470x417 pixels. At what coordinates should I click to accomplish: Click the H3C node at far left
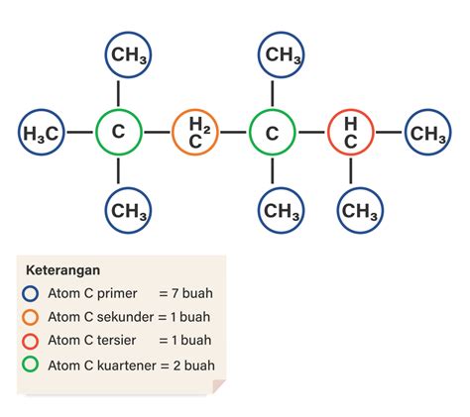[42, 134]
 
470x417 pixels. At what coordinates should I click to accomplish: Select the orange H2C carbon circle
[195, 134]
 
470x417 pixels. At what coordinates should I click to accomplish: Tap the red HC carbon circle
[351, 133]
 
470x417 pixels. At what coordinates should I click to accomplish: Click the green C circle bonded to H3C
[119, 134]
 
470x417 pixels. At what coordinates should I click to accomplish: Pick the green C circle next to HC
[273, 134]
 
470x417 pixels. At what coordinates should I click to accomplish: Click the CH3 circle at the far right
[428, 134]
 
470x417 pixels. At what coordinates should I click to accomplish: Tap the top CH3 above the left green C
[130, 54]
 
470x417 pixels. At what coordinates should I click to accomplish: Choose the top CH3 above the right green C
[282, 54]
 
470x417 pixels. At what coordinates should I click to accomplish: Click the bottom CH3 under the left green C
[130, 211]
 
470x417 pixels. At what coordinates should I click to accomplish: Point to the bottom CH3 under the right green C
[282, 211]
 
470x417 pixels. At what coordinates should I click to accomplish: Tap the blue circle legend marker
[30, 293]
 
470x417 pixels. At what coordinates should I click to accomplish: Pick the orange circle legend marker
[30, 317]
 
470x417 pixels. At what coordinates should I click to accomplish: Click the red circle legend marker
[30, 340]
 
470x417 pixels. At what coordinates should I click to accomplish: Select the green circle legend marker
[30, 363]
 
